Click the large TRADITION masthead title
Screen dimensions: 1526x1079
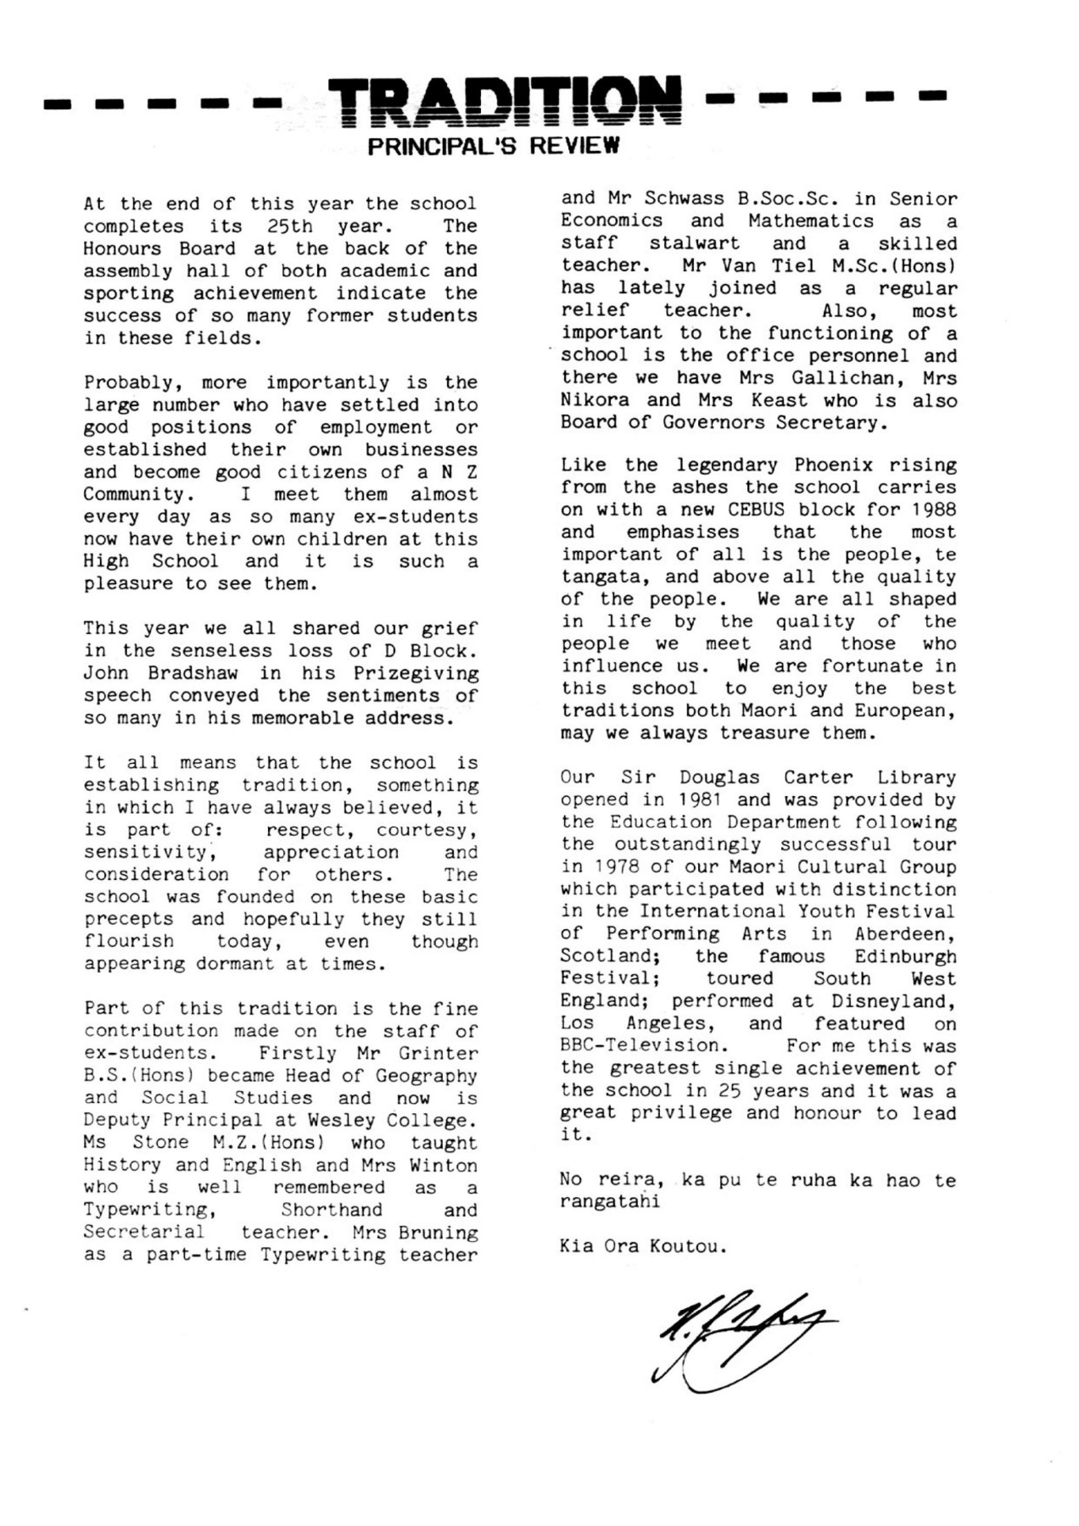tap(504, 103)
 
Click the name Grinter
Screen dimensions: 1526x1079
tap(438, 1054)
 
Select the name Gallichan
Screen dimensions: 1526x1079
tap(836, 378)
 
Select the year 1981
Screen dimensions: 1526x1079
tap(698, 799)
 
